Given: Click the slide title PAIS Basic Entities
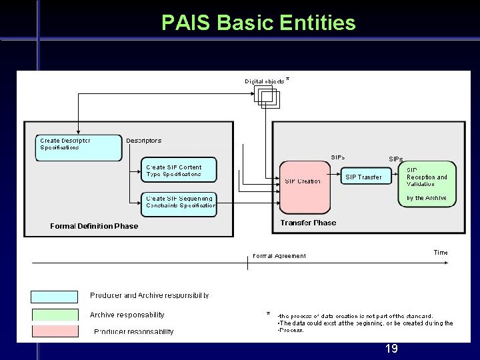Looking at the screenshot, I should pyautogui.click(x=259, y=23).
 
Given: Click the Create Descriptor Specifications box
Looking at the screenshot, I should pyautogui.click(x=79, y=147).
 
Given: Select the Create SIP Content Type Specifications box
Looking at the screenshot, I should pyautogui.click(x=179, y=171).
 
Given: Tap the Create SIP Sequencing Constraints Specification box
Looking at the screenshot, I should pyautogui.click(x=179, y=201).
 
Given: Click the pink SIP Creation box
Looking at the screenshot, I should pyautogui.click(x=304, y=187).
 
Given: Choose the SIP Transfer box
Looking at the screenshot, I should pyautogui.click(x=364, y=177).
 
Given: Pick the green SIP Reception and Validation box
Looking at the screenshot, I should pyautogui.click(x=427, y=184).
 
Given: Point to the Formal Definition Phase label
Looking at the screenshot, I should pyautogui.click(x=94, y=226).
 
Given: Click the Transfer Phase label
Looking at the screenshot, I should pyautogui.click(x=308, y=223).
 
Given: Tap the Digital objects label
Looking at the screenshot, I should pyautogui.click(x=265, y=81).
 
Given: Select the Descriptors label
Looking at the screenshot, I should pyautogui.click(x=144, y=141).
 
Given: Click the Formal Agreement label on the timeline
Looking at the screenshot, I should pyautogui.click(x=279, y=256).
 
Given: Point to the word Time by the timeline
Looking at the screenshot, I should pyautogui.click(x=441, y=253).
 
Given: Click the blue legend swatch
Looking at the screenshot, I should pyautogui.click(x=54, y=297).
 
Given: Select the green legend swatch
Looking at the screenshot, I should pyautogui.click(x=54, y=315).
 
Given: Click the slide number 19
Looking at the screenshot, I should pyautogui.click(x=391, y=349).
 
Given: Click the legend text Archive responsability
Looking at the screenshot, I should pyautogui.click(x=127, y=315).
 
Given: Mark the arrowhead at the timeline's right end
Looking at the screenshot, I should pyautogui.click(x=447, y=263).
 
